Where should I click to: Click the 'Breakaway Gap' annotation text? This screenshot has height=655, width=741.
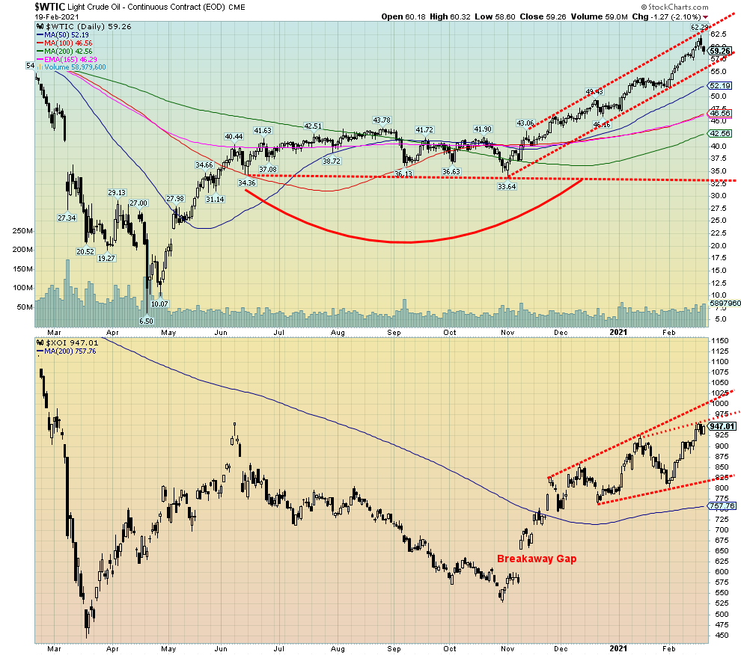click(x=537, y=559)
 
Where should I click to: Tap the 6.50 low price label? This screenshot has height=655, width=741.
click(x=146, y=320)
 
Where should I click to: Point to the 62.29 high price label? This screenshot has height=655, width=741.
click(x=699, y=28)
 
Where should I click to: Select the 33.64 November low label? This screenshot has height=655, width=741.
click(x=506, y=186)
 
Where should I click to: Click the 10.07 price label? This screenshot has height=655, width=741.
click(x=159, y=304)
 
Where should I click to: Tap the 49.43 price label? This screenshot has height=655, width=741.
click(x=594, y=92)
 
